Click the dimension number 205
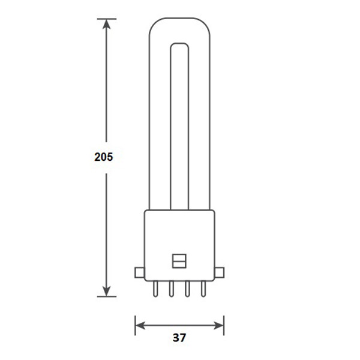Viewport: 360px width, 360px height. tap(104, 157)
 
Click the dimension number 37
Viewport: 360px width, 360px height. tap(179, 338)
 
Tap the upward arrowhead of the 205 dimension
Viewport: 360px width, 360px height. tap(107, 25)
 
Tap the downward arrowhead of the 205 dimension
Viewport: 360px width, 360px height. tap(107, 290)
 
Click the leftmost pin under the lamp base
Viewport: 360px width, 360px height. tap(156, 290)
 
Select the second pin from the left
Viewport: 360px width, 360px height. tap(171, 290)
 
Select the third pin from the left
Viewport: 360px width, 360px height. tap(187, 290)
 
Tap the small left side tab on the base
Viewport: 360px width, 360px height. tap(139, 272)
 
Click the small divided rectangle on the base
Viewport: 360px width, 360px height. tap(179, 262)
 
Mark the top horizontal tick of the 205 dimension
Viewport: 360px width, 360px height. tap(107, 19)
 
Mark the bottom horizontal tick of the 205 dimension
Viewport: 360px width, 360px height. tap(107, 296)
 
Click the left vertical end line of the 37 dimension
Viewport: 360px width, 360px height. tap(135, 326)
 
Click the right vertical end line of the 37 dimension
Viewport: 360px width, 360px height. tap(224, 326)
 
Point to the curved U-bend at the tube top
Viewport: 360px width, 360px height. tap(179, 30)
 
